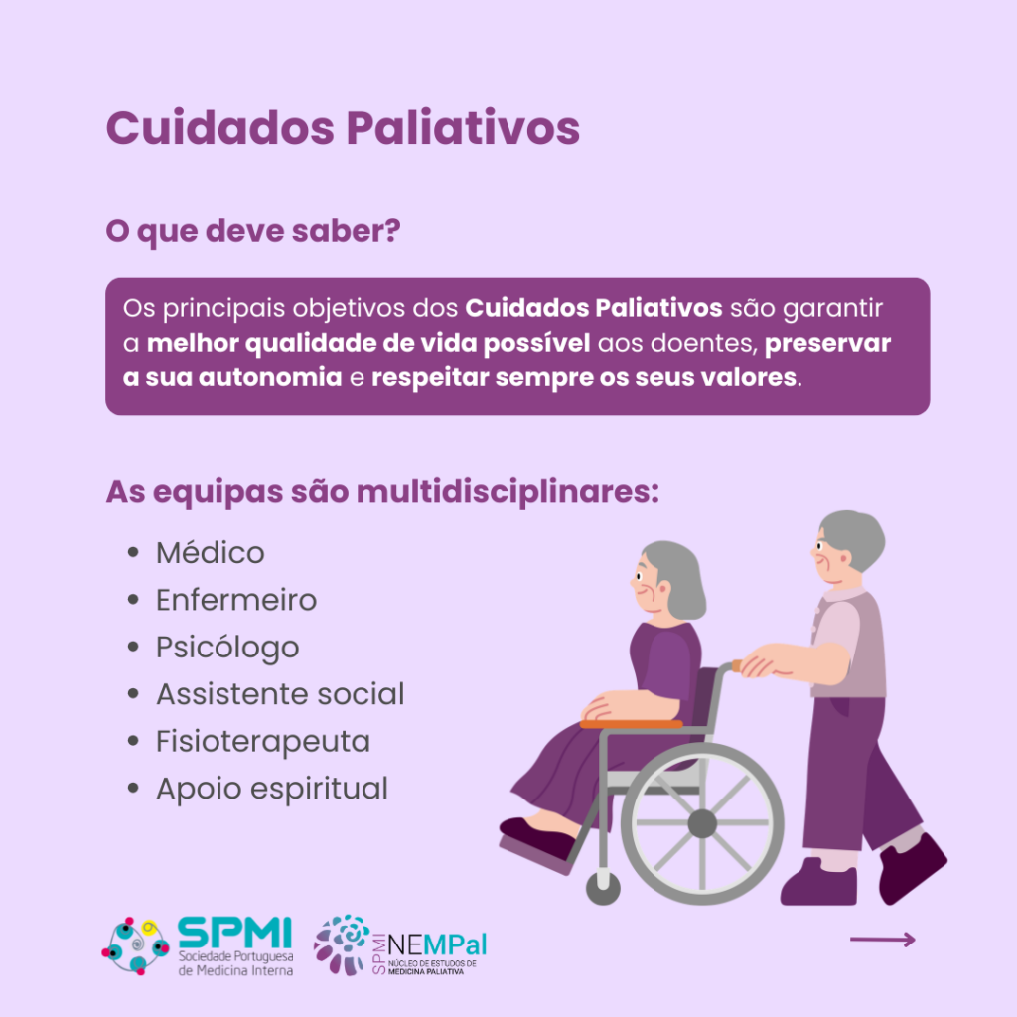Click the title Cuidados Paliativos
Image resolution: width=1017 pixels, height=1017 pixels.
[343, 128]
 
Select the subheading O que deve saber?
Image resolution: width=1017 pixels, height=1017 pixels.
[253, 231]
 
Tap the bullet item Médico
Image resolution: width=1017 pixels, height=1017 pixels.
[211, 553]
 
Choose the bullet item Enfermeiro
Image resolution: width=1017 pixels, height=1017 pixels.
[236, 600]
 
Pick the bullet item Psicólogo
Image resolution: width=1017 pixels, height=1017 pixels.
[227, 648]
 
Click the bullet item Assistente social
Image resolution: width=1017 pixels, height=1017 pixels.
[280, 694]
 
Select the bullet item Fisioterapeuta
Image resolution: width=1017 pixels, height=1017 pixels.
[262, 741]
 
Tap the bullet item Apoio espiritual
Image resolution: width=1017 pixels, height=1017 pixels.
[272, 789]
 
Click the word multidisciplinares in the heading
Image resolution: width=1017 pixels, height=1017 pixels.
[508, 491]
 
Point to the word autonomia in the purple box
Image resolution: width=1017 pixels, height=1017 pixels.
[270, 377]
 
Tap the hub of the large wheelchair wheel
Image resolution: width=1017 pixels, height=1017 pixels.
[702, 824]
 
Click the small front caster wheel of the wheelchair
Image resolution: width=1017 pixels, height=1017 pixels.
[603, 889]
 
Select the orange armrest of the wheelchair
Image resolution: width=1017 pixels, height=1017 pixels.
[631, 724]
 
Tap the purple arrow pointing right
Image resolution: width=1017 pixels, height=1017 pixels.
[882, 940]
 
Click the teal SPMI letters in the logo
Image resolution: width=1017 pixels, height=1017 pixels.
[234, 933]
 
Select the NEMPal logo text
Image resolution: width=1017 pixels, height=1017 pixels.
[437, 945]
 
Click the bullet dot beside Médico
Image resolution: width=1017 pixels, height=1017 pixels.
[134, 552]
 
